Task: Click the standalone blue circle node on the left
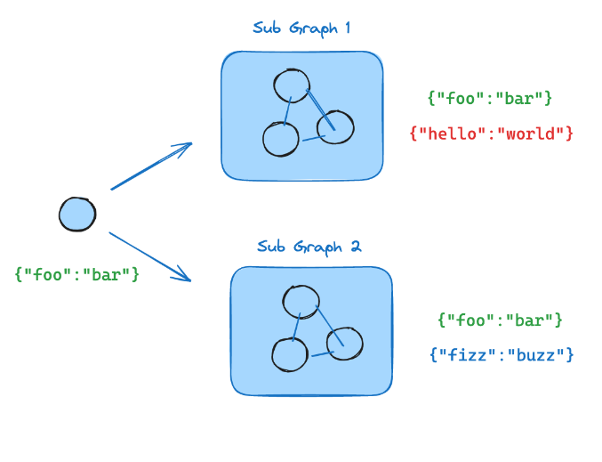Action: pos(77,215)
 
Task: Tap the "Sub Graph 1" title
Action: pos(301,28)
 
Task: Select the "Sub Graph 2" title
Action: pos(309,247)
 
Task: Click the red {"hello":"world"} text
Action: pos(491,134)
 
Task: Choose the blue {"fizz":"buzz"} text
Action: pos(502,354)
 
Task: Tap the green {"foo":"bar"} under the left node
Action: pos(77,274)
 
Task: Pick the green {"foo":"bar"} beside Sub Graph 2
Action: pos(501,319)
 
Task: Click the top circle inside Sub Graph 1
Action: pos(291,85)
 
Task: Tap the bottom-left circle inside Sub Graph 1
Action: pos(280,138)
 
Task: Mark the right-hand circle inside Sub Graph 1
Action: pos(336,127)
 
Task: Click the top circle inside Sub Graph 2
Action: pos(301,300)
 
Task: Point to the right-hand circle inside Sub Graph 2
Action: pos(345,344)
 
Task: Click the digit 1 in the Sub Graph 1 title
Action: pos(347,28)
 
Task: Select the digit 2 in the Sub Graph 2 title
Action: pos(356,247)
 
